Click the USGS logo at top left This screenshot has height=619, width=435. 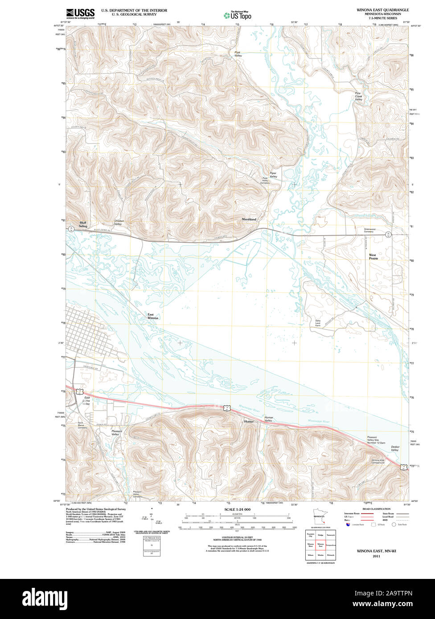80,13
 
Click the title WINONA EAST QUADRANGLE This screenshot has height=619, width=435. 382,9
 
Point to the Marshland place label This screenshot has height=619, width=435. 249,220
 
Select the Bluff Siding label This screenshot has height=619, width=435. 83,224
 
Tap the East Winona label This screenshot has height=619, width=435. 153,317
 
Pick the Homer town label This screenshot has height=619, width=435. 249,421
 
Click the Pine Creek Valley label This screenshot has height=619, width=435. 358,97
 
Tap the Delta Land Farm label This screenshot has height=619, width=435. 318,323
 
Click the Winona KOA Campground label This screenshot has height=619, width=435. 376,462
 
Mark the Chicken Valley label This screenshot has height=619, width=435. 118,223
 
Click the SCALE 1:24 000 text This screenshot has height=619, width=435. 237,509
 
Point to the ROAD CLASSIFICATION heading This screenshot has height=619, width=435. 376,509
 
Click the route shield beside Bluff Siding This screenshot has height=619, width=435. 70,229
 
